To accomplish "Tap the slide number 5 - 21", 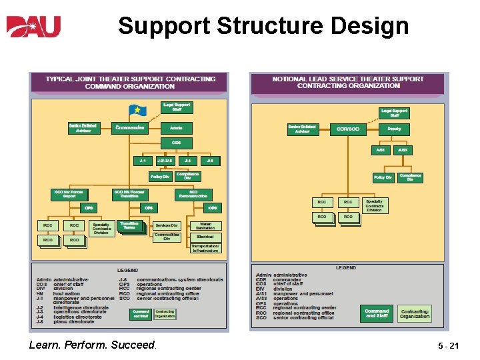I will click(x=449, y=346).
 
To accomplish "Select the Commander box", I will click(x=130, y=127).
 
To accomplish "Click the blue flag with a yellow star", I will click(x=137, y=110).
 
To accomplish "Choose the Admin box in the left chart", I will click(x=176, y=127).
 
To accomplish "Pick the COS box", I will click(x=176, y=143).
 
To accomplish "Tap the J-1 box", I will click(x=142, y=161).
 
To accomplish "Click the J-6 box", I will click(x=210, y=161).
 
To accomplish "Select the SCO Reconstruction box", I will click(x=202, y=194).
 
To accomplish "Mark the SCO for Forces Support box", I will click(x=69, y=194).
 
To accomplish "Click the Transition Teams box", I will click(x=129, y=225).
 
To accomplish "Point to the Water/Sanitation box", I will click(x=205, y=225).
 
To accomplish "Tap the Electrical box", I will click(x=205, y=237).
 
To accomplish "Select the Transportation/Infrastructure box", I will click(x=205, y=248).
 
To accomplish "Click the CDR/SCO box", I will click(x=348, y=129).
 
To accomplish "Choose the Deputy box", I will click(x=395, y=129).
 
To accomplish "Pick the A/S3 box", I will click(x=402, y=151).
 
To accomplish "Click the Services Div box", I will click(x=167, y=225).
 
